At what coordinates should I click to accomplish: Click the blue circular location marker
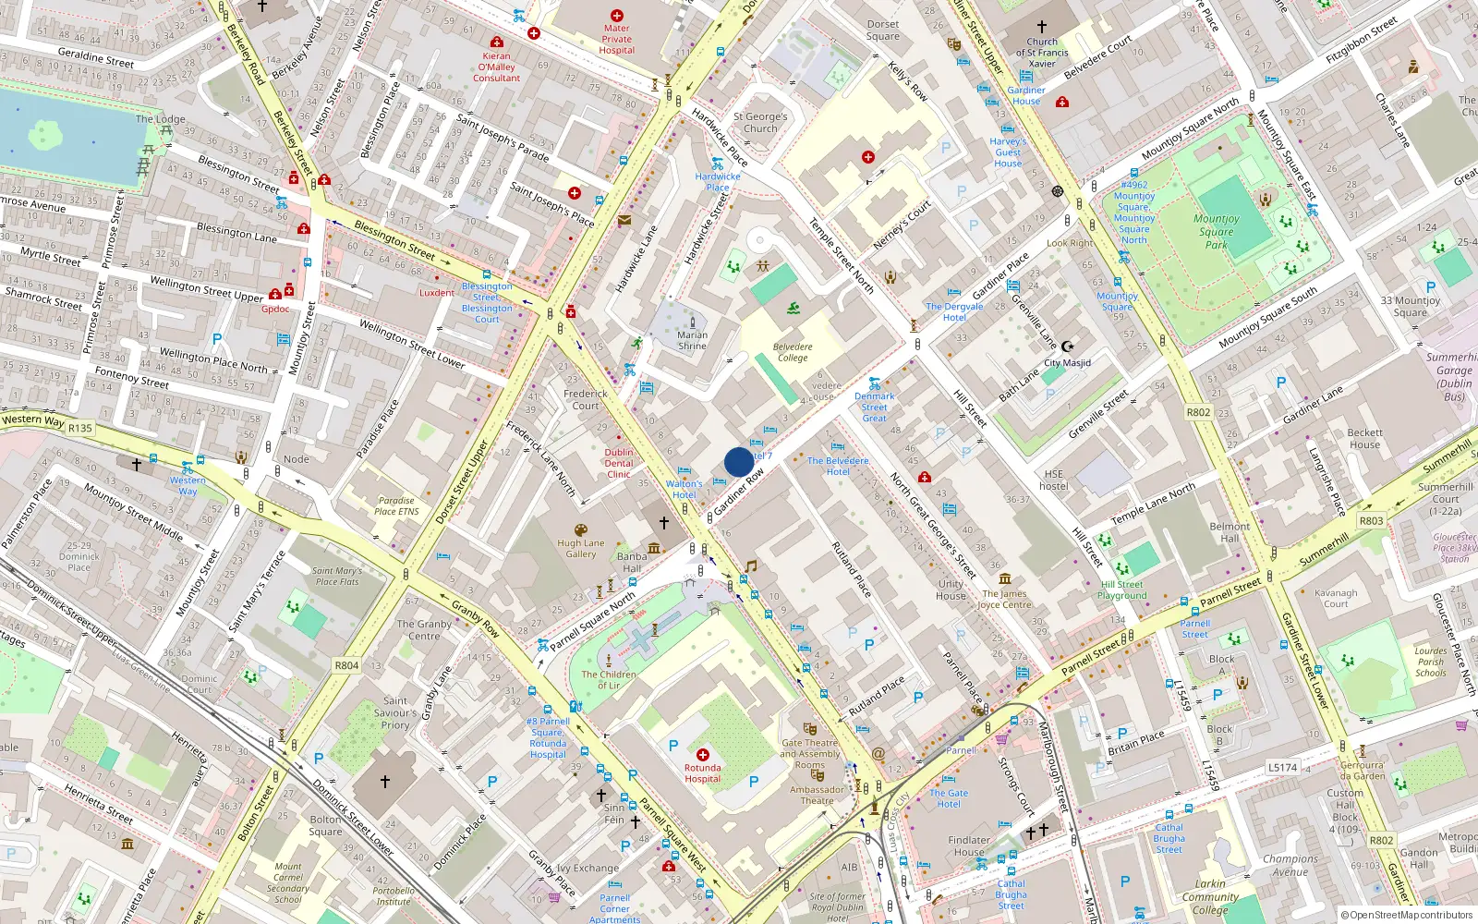pyautogui.click(x=739, y=462)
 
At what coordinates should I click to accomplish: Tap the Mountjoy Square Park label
pyautogui.click(x=1217, y=232)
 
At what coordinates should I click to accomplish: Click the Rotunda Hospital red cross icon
pyautogui.click(x=703, y=755)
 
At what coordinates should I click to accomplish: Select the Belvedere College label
pyautogui.click(x=793, y=352)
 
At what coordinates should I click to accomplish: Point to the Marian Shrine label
pyautogui.click(x=692, y=341)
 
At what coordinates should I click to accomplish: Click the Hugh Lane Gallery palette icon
pyautogui.click(x=581, y=530)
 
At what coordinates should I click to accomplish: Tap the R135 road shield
pyautogui.click(x=80, y=428)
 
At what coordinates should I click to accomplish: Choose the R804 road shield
pyautogui.click(x=346, y=665)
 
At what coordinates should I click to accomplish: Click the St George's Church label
pyautogui.click(x=760, y=123)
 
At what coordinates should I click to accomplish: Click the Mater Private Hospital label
pyautogui.click(x=616, y=40)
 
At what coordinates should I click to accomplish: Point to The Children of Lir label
pyautogui.click(x=609, y=680)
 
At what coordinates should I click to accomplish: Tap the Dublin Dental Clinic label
pyautogui.click(x=619, y=464)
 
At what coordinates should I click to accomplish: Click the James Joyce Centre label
pyautogui.click(x=1005, y=600)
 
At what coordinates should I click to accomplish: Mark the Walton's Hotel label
pyautogui.click(x=684, y=489)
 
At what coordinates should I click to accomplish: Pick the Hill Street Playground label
pyautogui.click(x=1122, y=590)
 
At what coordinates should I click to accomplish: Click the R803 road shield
pyautogui.click(x=1371, y=521)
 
